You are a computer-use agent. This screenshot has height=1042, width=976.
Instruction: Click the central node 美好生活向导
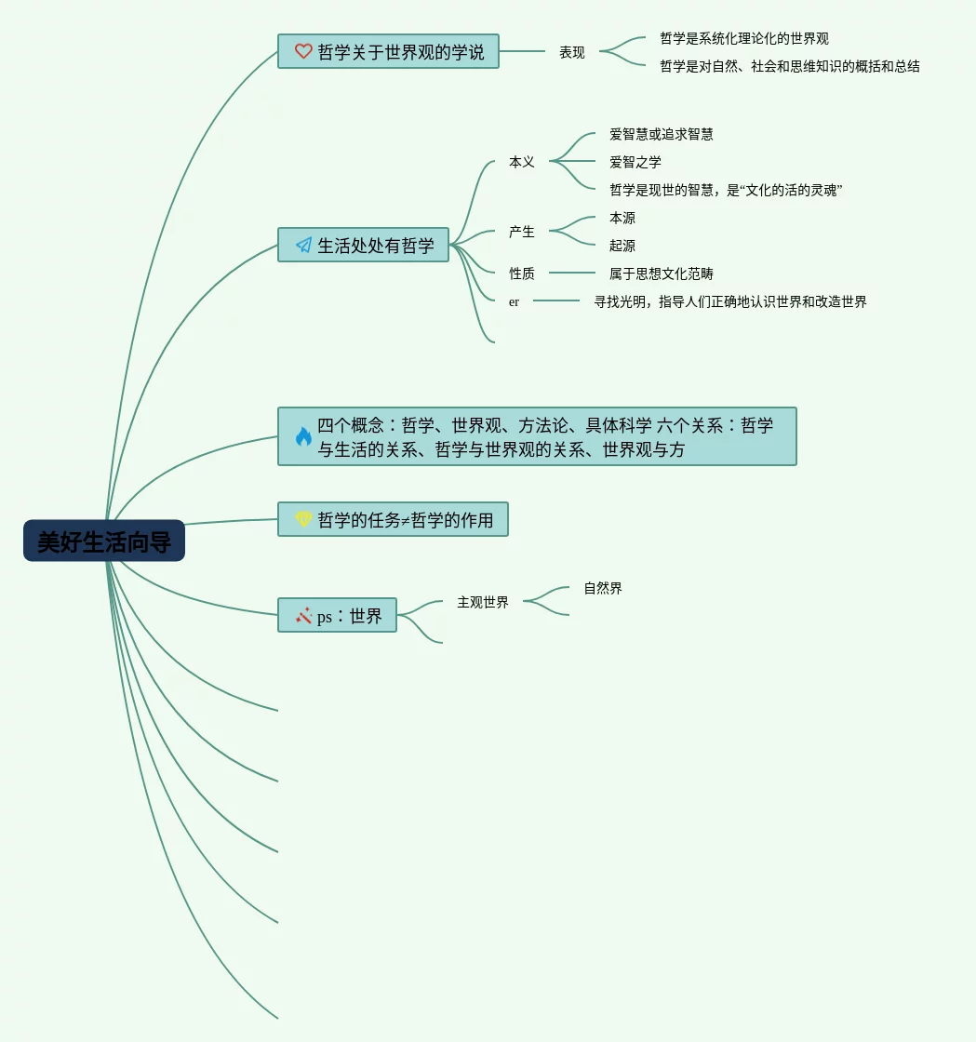(104, 541)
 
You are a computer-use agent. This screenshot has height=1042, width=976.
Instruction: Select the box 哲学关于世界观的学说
(388, 52)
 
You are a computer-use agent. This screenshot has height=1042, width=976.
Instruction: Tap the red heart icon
(303, 52)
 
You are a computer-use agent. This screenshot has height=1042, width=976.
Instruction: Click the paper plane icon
(303, 246)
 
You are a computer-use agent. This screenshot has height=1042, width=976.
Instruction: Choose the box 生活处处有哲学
(364, 246)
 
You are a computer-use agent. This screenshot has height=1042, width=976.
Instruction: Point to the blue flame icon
(303, 436)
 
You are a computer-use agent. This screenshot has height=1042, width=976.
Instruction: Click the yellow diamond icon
(303, 520)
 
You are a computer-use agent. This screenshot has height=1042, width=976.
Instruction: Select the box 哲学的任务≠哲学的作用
(394, 520)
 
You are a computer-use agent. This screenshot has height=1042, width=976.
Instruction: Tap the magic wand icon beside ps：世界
(303, 616)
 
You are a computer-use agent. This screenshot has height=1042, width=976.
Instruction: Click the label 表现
(572, 53)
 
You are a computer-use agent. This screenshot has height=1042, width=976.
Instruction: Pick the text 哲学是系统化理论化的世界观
(744, 39)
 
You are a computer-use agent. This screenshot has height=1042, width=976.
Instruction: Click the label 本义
(522, 162)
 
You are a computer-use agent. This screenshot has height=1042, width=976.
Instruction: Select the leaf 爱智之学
(635, 162)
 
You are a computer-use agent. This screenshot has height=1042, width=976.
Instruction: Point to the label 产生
(522, 232)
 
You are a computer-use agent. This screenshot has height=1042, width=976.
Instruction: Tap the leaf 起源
(622, 246)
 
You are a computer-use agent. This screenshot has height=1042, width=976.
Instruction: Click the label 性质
(522, 274)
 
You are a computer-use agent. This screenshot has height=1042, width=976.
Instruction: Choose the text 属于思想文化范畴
(662, 274)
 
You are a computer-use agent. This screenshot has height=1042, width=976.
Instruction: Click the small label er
(514, 301)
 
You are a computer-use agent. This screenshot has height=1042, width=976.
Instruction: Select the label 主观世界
(483, 603)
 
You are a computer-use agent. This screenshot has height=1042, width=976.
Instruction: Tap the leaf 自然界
(603, 588)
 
